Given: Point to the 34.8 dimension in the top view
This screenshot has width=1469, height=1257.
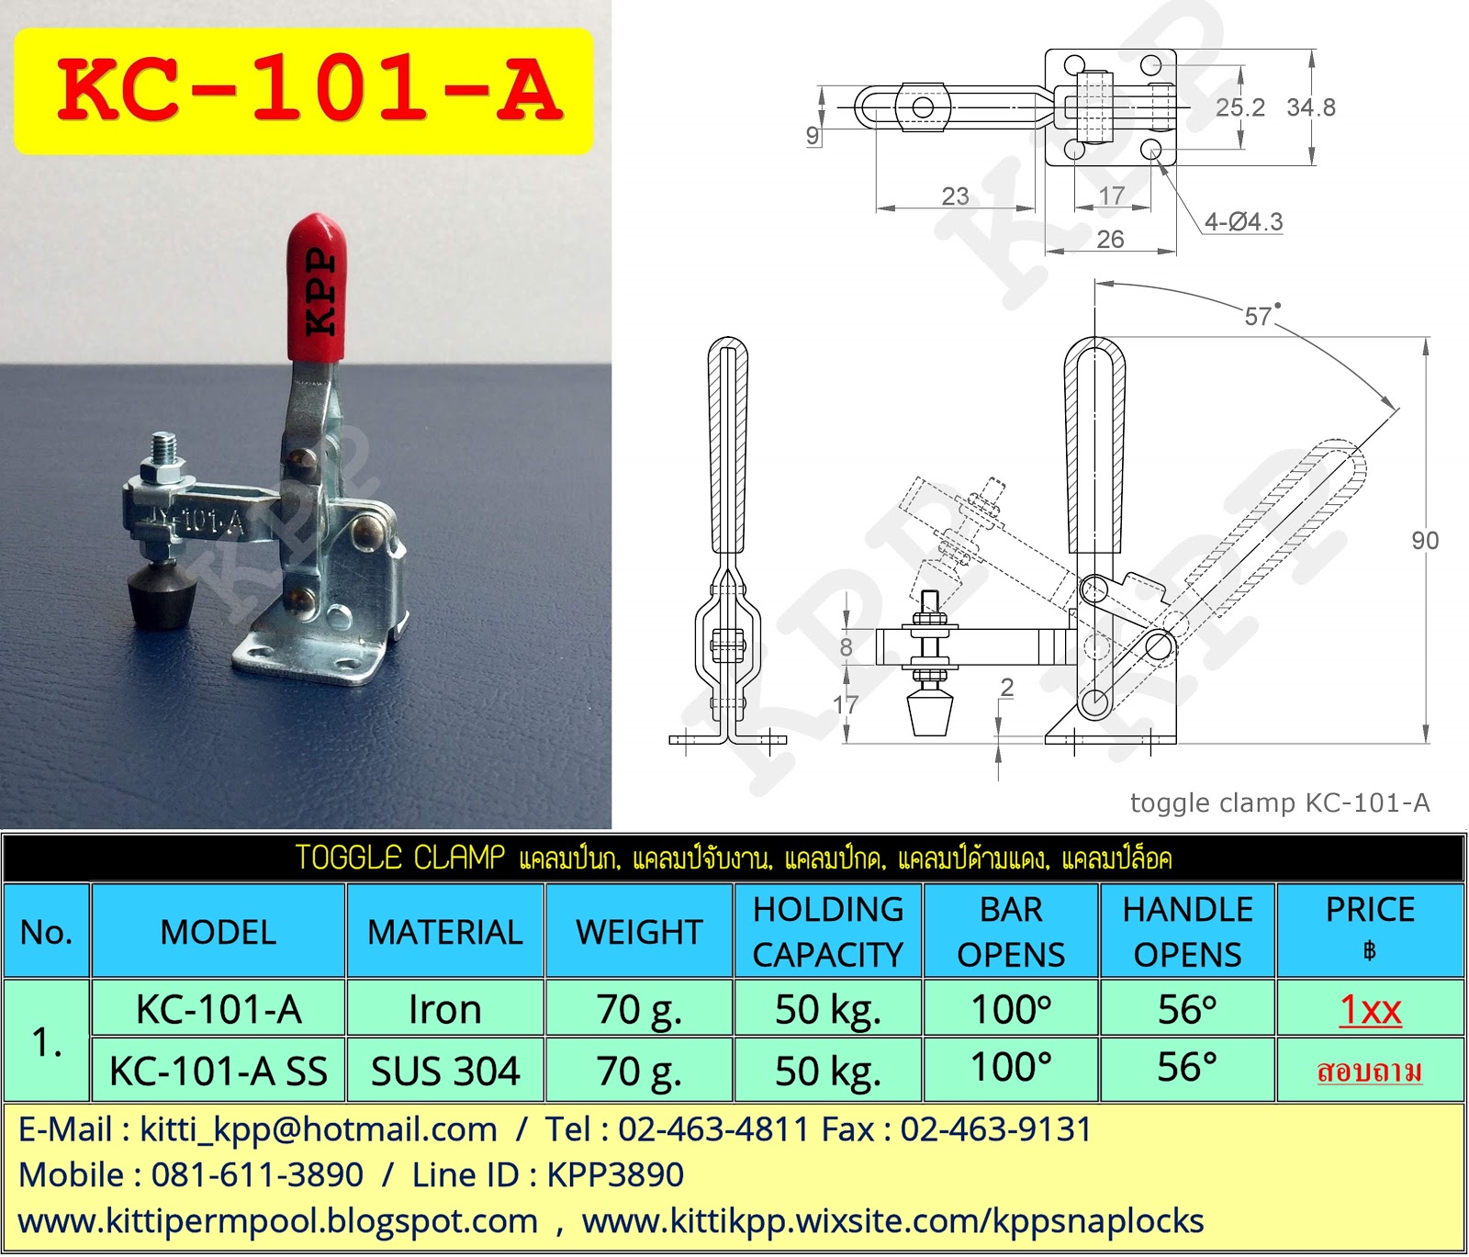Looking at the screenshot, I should click(x=1310, y=107).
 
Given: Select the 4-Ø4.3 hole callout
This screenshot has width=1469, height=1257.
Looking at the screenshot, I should click(x=1243, y=222).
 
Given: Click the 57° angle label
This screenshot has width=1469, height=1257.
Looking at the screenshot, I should click(x=1260, y=317).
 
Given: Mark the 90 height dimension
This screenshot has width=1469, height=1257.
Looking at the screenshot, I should click(x=1425, y=541).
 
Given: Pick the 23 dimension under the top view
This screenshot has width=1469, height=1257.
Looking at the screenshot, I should click(x=955, y=196).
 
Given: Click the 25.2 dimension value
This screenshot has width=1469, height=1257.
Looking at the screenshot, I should click(x=1239, y=107).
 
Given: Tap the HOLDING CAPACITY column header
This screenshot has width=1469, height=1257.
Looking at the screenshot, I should click(x=828, y=932).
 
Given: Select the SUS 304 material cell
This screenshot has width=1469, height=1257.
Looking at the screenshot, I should click(x=445, y=1071).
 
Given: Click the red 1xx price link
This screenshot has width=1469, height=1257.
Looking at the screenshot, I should click(x=1370, y=1010).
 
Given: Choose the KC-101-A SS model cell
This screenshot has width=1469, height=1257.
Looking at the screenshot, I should click(x=219, y=1071).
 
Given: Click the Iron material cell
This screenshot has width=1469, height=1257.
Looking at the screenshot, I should click(x=445, y=1010).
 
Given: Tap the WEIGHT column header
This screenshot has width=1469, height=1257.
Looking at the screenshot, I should click(x=639, y=932).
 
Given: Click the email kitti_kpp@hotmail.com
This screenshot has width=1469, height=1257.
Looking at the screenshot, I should click(x=318, y=1129).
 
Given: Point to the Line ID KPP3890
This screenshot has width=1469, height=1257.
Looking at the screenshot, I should click(x=615, y=1175).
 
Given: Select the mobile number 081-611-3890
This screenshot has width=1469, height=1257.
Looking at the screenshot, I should click(x=257, y=1175).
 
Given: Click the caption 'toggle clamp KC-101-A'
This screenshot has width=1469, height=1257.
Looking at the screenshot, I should click(x=1280, y=803).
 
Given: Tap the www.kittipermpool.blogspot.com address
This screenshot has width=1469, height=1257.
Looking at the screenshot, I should click(x=277, y=1222).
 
